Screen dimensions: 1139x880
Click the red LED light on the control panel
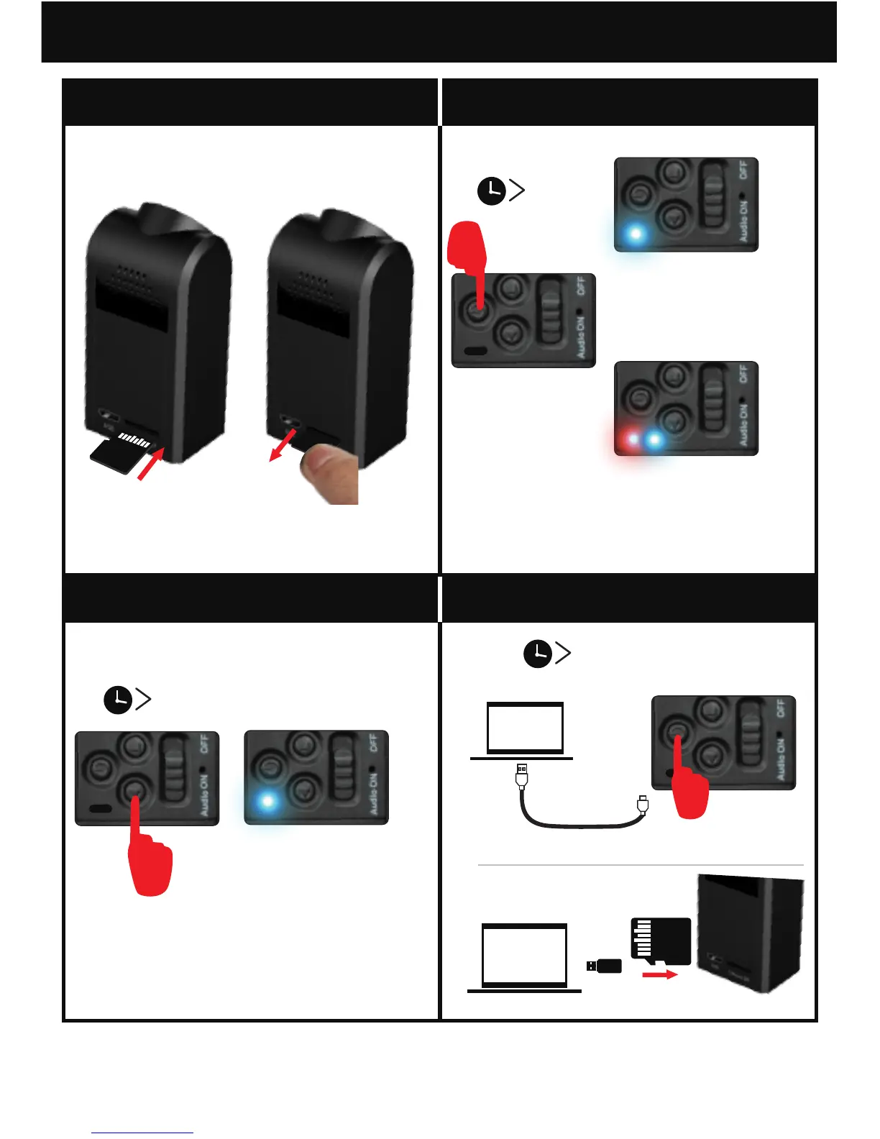(x=632, y=439)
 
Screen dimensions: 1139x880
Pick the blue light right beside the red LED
(x=654, y=439)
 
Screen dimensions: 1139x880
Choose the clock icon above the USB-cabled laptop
(x=537, y=654)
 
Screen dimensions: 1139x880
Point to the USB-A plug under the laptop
(x=522, y=776)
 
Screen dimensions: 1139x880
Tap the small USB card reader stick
(x=604, y=966)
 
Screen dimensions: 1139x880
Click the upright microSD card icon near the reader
(x=660, y=941)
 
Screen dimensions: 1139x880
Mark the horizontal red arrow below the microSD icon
(x=659, y=975)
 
